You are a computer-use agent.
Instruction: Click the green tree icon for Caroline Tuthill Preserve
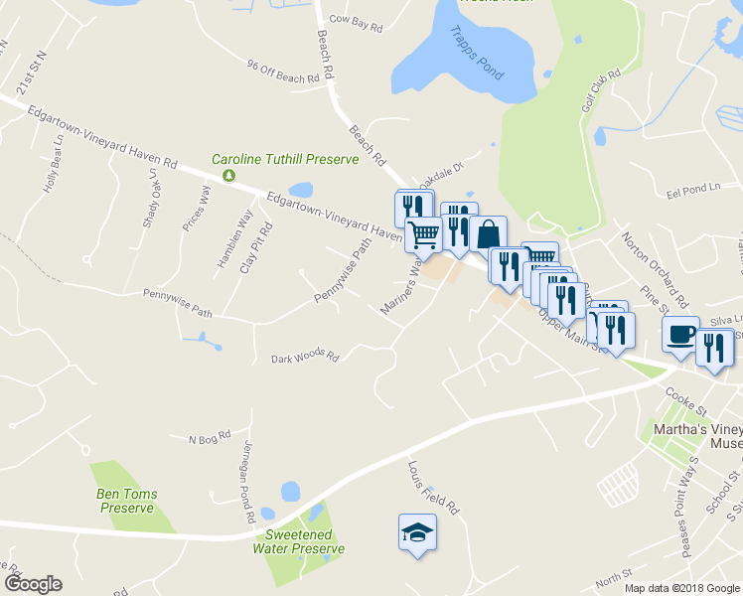coord(229,175)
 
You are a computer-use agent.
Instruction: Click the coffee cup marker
coord(681,334)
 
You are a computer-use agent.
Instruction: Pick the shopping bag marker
coord(488,234)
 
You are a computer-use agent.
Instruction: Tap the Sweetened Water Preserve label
coord(298,541)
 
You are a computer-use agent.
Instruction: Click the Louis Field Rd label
coord(433,486)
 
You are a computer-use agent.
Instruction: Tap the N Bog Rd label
coord(209,436)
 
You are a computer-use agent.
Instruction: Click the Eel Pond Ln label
coord(692,189)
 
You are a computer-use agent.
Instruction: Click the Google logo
coord(33,584)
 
